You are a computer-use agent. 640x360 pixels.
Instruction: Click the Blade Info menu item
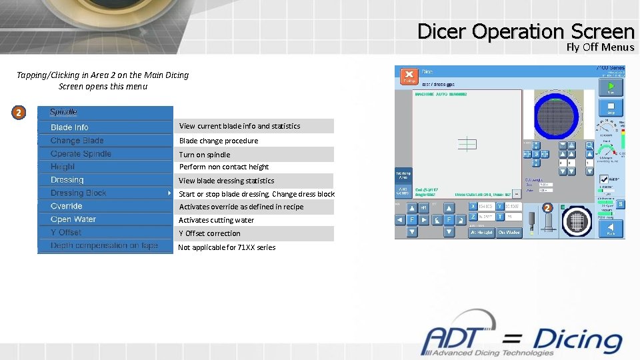(70, 127)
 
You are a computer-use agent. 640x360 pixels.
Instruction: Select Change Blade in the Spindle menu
(77, 141)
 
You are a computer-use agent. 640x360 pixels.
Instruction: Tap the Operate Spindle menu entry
(81, 154)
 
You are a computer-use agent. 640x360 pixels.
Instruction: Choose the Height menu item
(63, 167)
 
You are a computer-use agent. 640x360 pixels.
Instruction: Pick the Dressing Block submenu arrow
(169, 193)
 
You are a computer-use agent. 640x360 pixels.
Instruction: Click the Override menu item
(67, 206)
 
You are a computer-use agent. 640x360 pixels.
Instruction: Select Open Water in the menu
(73, 219)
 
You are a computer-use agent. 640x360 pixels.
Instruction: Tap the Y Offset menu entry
(66, 233)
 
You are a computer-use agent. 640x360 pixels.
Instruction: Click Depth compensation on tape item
(104, 245)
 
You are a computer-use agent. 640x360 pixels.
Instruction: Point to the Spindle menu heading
(64, 112)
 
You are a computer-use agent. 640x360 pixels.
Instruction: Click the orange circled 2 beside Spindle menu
(19, 113)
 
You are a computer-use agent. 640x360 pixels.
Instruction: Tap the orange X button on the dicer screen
(409, 76)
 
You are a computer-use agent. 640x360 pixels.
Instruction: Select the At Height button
(481, 232)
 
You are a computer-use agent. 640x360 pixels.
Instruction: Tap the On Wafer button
(509, 232)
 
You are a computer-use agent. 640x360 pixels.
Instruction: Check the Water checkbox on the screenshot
(603, 179)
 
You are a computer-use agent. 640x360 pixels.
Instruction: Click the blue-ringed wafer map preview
(551, 115)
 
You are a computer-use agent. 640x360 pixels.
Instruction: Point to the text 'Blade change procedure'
(218, 141)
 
